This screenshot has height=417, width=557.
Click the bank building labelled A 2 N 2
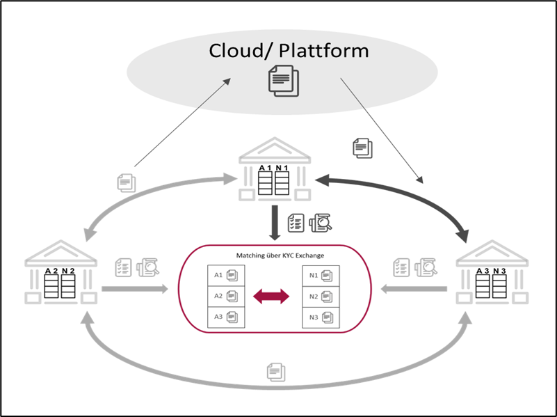point(58,274)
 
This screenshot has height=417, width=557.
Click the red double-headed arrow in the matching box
point(271,297)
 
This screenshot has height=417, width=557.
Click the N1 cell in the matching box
point(320,275)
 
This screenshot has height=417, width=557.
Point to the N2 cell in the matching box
point(320,296)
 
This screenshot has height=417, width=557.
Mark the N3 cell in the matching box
point(320,317)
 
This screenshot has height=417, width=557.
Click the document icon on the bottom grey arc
point(276,372)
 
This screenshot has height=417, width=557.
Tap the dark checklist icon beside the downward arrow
point(296,221)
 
